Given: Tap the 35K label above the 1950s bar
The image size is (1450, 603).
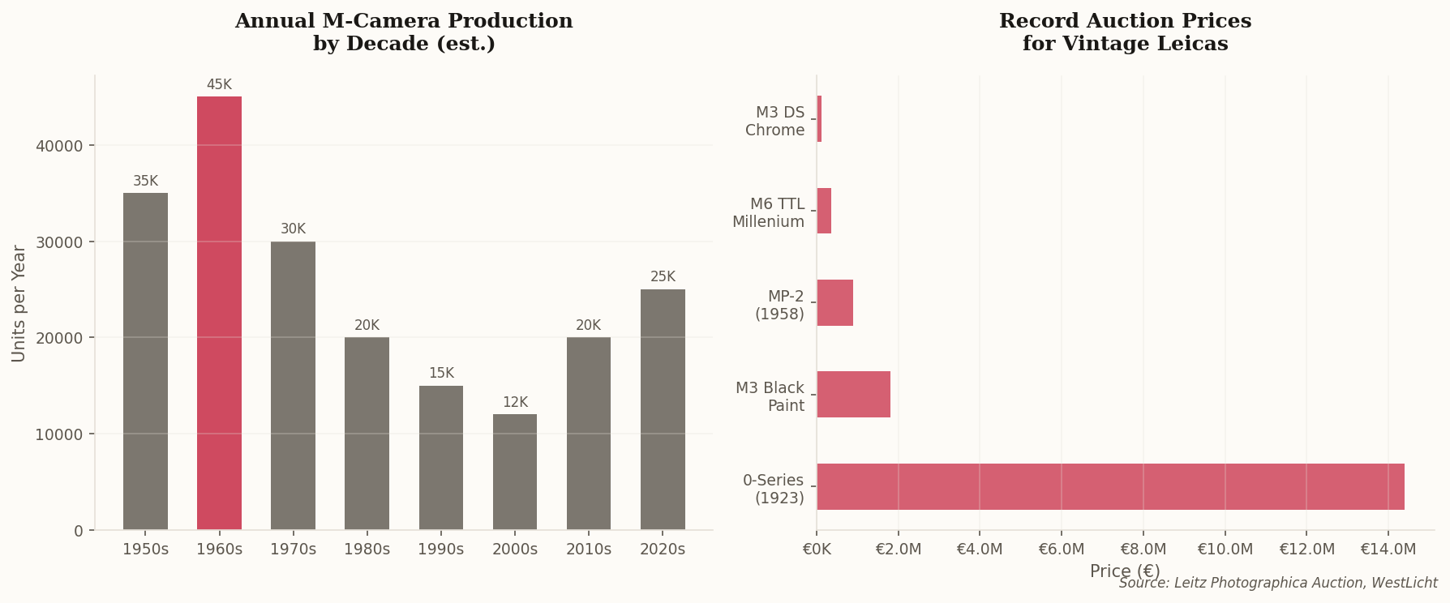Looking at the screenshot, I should click(145, 182).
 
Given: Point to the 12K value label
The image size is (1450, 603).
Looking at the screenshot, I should click(515, 403).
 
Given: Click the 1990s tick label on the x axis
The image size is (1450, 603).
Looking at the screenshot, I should click(440, 550).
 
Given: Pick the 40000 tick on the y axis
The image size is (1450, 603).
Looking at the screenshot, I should click(60, 146).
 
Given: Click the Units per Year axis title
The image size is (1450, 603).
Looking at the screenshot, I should click(19, 304).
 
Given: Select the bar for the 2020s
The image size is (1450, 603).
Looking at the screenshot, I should click(663, 409).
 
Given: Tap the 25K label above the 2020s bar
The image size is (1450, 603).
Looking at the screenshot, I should click(663, 277).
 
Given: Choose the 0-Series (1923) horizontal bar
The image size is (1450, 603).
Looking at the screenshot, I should click(1110, 486).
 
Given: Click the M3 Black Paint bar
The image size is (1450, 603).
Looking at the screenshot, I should click(853, 395).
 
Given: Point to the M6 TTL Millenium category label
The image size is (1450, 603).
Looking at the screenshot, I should click(768, 213).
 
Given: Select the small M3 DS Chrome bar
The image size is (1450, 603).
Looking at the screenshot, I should click(819, 119).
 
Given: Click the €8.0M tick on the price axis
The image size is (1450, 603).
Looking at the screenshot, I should click(1143, 550).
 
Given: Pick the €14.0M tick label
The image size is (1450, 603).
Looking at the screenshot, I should click(1388, 550).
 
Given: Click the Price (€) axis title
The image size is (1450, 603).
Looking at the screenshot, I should click(1125, 571).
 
